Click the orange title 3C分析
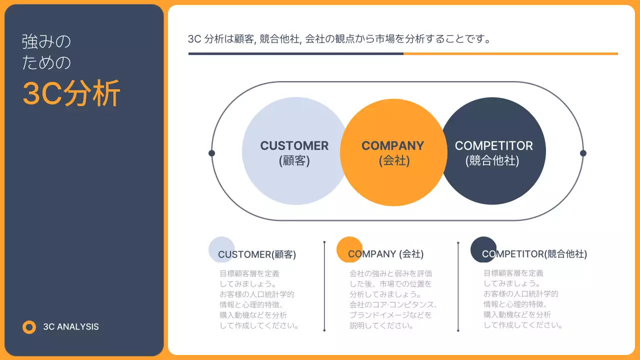(x=71, y=93)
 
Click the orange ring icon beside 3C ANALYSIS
(x=29, y=327)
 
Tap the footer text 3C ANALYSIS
(x=71, y=327)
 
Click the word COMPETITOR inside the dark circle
(x=493, y=146)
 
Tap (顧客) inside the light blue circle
(x=294, y=161)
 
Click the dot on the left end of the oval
(x=211, y=153)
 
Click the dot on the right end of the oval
(x=583, y=153)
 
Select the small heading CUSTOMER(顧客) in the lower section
(x=257, y=254)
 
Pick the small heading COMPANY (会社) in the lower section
(x=385, y=254)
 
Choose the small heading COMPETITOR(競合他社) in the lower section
(x=534, y=254)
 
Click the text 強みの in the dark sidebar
(x=46, y=42)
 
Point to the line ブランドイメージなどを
(x=390, y=315)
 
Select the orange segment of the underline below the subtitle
(x=510, y=53)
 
